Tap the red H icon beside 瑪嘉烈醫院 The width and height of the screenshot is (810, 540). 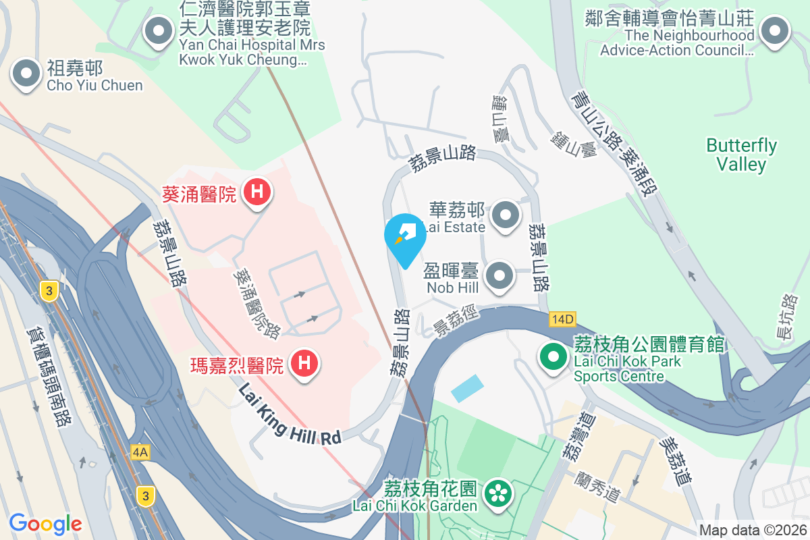304,363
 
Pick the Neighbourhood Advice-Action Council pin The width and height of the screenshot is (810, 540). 775,31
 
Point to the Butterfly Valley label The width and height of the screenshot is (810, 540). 741,155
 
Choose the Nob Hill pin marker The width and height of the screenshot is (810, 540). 500,276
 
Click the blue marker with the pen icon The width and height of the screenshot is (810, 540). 405,235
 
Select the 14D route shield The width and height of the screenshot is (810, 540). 562,319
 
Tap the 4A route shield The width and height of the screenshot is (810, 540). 140,452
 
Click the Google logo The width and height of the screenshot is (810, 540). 45,523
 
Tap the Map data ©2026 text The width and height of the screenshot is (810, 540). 753,531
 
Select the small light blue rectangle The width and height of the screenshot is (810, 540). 467,388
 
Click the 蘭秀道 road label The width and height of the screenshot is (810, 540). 598,487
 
